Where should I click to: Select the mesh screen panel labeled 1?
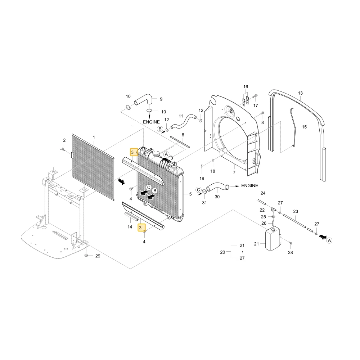tap(93, 167)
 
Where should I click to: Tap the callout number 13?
tap(300, 93)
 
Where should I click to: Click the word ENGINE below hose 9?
tap(151, 122)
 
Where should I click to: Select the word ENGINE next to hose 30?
tap(249, 185)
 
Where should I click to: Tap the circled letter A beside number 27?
tap(329, 240)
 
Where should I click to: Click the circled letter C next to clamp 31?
tap(199, 190)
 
